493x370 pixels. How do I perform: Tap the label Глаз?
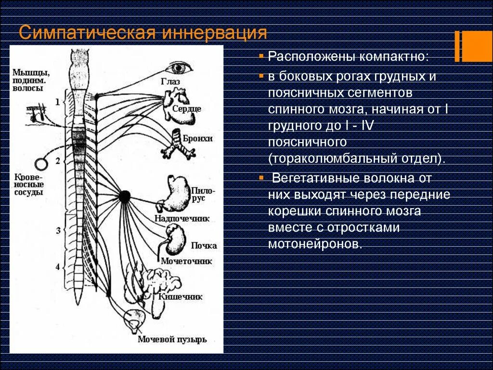(x=170, y=82)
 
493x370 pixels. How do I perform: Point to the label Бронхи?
(x=197, y=139)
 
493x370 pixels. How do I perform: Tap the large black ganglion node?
(x=125, y=196)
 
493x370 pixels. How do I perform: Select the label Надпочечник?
(x=182, y=218)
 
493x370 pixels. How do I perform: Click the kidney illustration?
(x=176, y=238)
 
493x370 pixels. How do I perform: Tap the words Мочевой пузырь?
(x=172, y=340)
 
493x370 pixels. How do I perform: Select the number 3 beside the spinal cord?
(x=58, y=231)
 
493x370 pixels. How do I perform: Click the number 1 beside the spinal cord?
(x=58, y=102)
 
